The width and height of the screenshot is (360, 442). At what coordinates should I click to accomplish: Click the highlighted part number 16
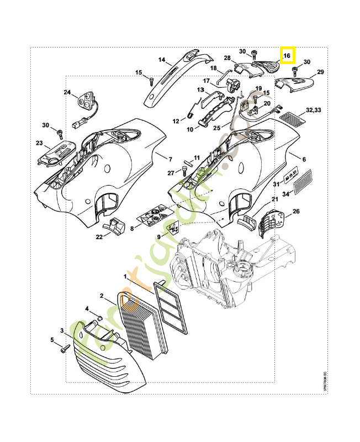pos(287,56)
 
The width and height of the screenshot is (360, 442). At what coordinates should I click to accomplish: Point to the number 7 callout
pos(170,159)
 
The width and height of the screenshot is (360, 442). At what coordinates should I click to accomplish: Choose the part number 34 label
pos(286,193)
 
